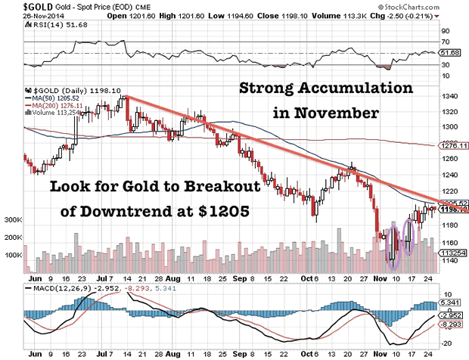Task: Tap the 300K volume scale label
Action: (14, 219)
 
